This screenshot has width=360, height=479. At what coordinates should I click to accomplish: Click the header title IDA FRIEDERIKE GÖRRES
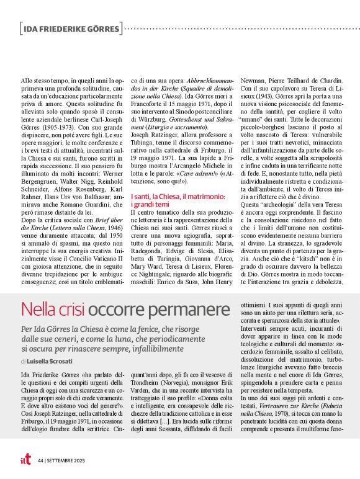click(x=70, y=28)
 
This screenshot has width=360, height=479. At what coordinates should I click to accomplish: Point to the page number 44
click(x=41, y=461)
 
